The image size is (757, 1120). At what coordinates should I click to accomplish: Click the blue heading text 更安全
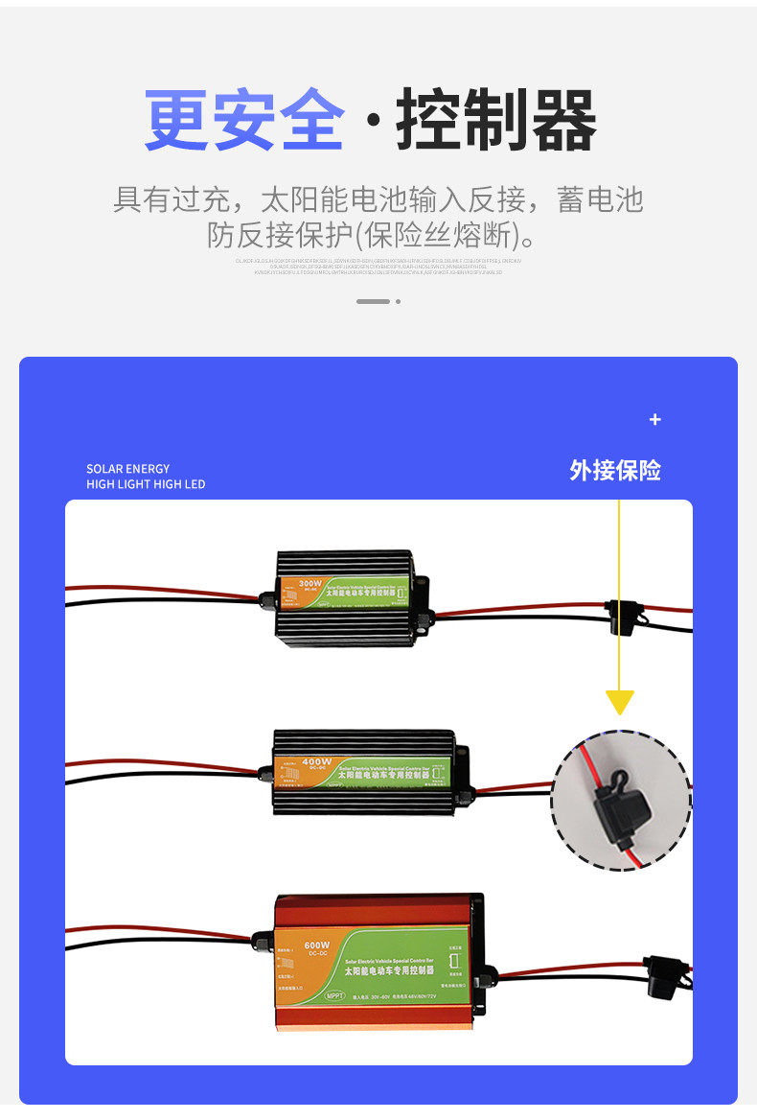[x=243, y=121]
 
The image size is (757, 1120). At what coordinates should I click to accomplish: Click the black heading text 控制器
[x=496, y=121]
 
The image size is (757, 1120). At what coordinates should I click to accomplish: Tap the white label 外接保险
[x=614, y=470]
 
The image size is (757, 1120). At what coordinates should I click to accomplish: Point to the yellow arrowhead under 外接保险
[x=619, y=702]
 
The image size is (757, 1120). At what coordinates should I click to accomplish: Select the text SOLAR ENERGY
[x=127, y=469]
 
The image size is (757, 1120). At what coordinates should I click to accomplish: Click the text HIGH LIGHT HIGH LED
[x=146, y=484]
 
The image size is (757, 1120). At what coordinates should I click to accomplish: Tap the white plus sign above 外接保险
[x=655, y=419]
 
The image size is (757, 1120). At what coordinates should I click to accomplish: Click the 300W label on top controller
[x=310, y=583]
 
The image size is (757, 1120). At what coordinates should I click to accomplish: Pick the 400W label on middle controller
[x=315, y=762]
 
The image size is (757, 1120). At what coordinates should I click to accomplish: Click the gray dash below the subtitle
[x=373, y=301]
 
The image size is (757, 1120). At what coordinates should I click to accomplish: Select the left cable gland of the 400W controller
[x=265, y=772]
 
